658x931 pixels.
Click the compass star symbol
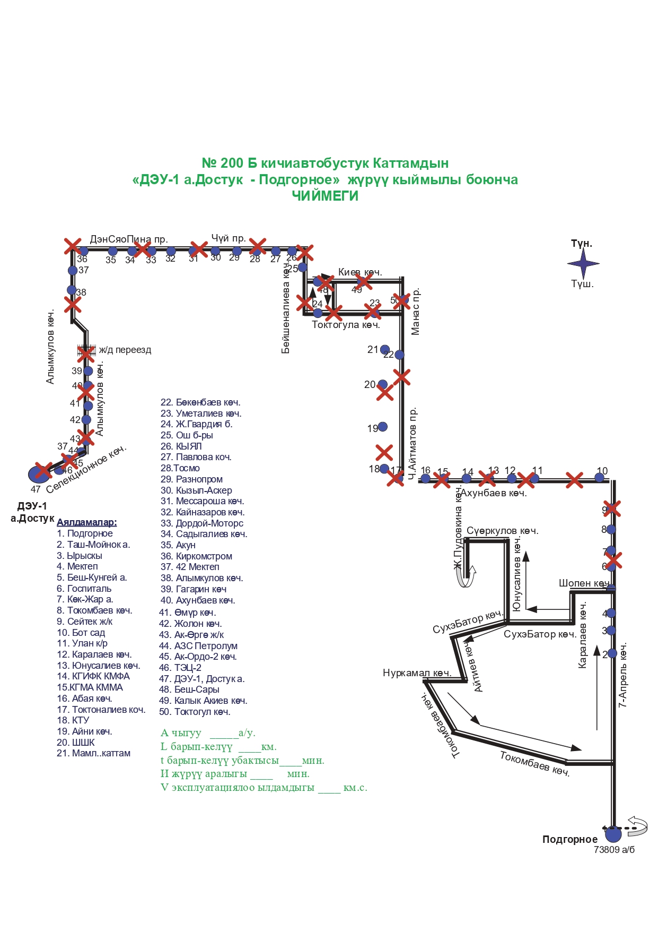[x=583, y=263]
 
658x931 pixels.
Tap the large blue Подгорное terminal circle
[x=613, y=834]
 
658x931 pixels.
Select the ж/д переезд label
[x=125, y=350]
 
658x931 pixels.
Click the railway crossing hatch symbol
[x=85, y=351]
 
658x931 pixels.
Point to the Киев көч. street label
[x=360, y=272]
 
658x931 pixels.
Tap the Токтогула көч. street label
[x=346, y=325]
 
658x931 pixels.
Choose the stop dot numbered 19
[x=383, y=427]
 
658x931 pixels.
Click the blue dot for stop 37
[x=73, y=271]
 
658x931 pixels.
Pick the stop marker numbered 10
[x=599, y=478]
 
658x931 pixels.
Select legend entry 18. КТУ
[x=73, y=720]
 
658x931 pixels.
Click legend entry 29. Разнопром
[x=191, y=479]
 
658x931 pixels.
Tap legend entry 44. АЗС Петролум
[x=198, y=646]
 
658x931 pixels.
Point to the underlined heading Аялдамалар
[x=86, y=522]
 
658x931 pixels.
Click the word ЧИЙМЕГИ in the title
[x=325, y=196]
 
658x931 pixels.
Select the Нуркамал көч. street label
[x=417, y=673]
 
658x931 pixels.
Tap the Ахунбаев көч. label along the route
[x=494, y=494]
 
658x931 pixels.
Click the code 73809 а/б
[x=614, y=849]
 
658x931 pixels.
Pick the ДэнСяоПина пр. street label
[x=129, y=239]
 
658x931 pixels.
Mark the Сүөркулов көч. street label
[x=502, y=531]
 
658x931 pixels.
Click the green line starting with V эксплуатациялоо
[x=264, y=788]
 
